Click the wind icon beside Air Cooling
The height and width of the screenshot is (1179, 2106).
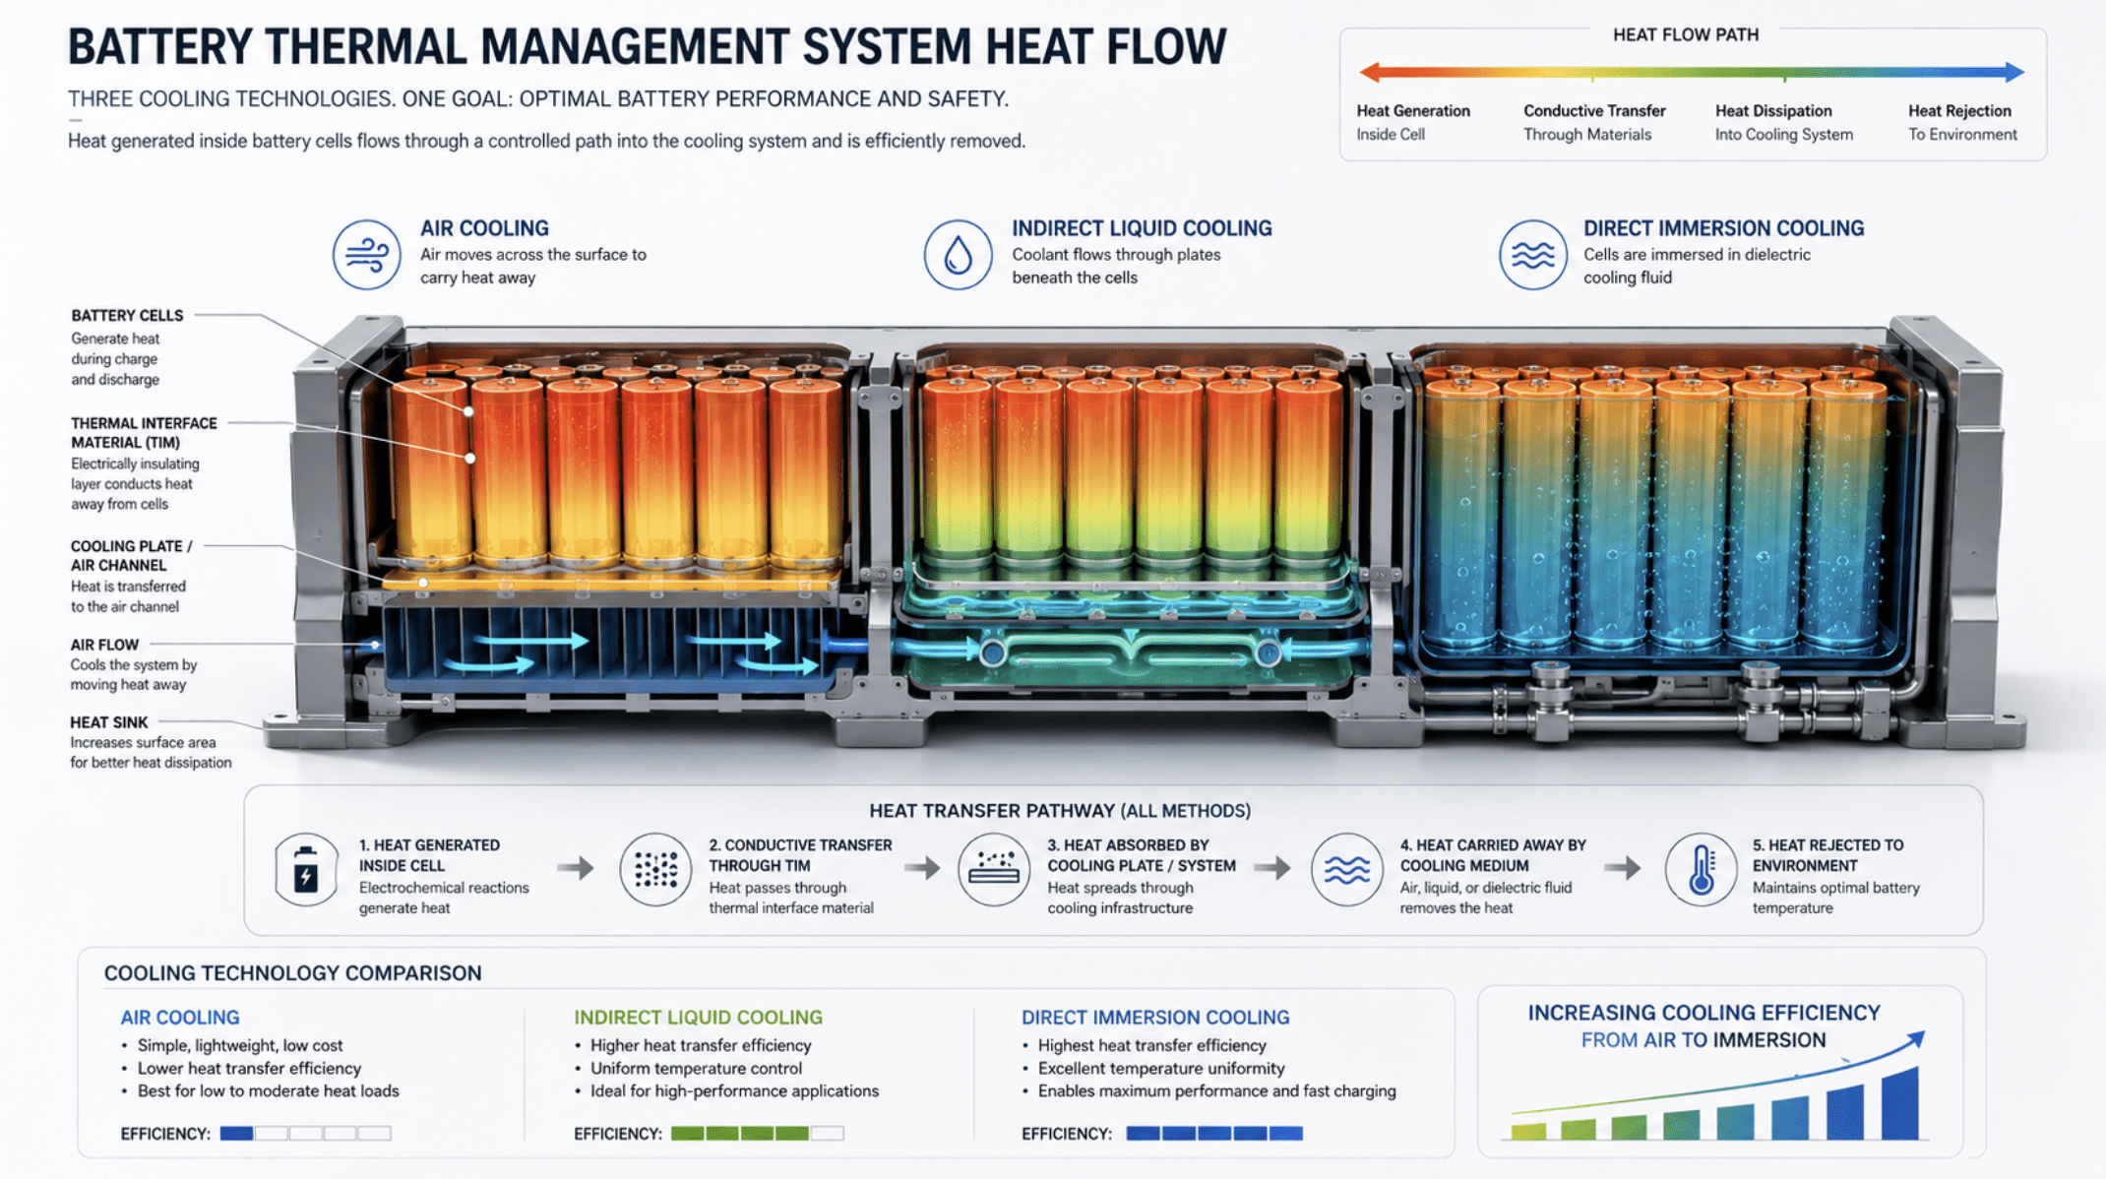pyautogui.click(x=366, y=255)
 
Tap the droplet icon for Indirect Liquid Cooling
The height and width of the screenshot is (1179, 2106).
pyautogui.click(x=958, y=255)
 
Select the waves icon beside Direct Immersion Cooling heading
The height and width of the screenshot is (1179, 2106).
pyautogui.click(x=1533, y=255)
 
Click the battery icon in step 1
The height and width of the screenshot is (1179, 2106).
pyautogui.click(x=306, y=870)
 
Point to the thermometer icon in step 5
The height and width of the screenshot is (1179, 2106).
pyautogui.click(x=1701, y=870)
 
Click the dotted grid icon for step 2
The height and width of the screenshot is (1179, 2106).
pyautogui.click(x=655, y=870)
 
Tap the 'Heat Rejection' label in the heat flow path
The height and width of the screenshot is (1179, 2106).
pyautogui.click(x=1959, y=111)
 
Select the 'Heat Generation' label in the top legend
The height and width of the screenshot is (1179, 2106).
pyautogui.click(x=1413, y=111)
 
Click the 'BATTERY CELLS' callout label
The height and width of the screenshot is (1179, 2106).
pyautogui.click(x=127, y=316)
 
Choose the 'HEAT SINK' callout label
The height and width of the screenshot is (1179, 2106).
pyautogui.click(x=109, y=722)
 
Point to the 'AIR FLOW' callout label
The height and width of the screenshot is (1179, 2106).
pyautogui.click(x=104, y=645)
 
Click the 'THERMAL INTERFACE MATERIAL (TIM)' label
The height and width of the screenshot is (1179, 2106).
pyautogui.click(x=144, y=433)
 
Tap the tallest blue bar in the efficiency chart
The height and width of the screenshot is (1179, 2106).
pyautogui.click(x=1899, y=1103)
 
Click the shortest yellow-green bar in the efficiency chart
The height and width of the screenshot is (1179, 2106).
pyautogui.click(x=1528, y=1132)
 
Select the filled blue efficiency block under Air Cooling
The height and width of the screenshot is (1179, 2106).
pyautogui.click(x=236, y=1134)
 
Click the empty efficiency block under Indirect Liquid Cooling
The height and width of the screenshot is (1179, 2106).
pyautogui.click(x=827, y=1134)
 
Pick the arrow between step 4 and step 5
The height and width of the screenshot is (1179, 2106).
pyautogui.click(x=1622, y=868)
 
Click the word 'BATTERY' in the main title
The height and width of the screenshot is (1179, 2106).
pyautogui.click(x=159, y=46)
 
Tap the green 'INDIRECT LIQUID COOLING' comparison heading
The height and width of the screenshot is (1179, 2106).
pyautogui.click(x=698, y=1018)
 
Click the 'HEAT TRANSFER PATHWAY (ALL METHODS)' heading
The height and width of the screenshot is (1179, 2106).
pyautogui.click(x=1060, y=811)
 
